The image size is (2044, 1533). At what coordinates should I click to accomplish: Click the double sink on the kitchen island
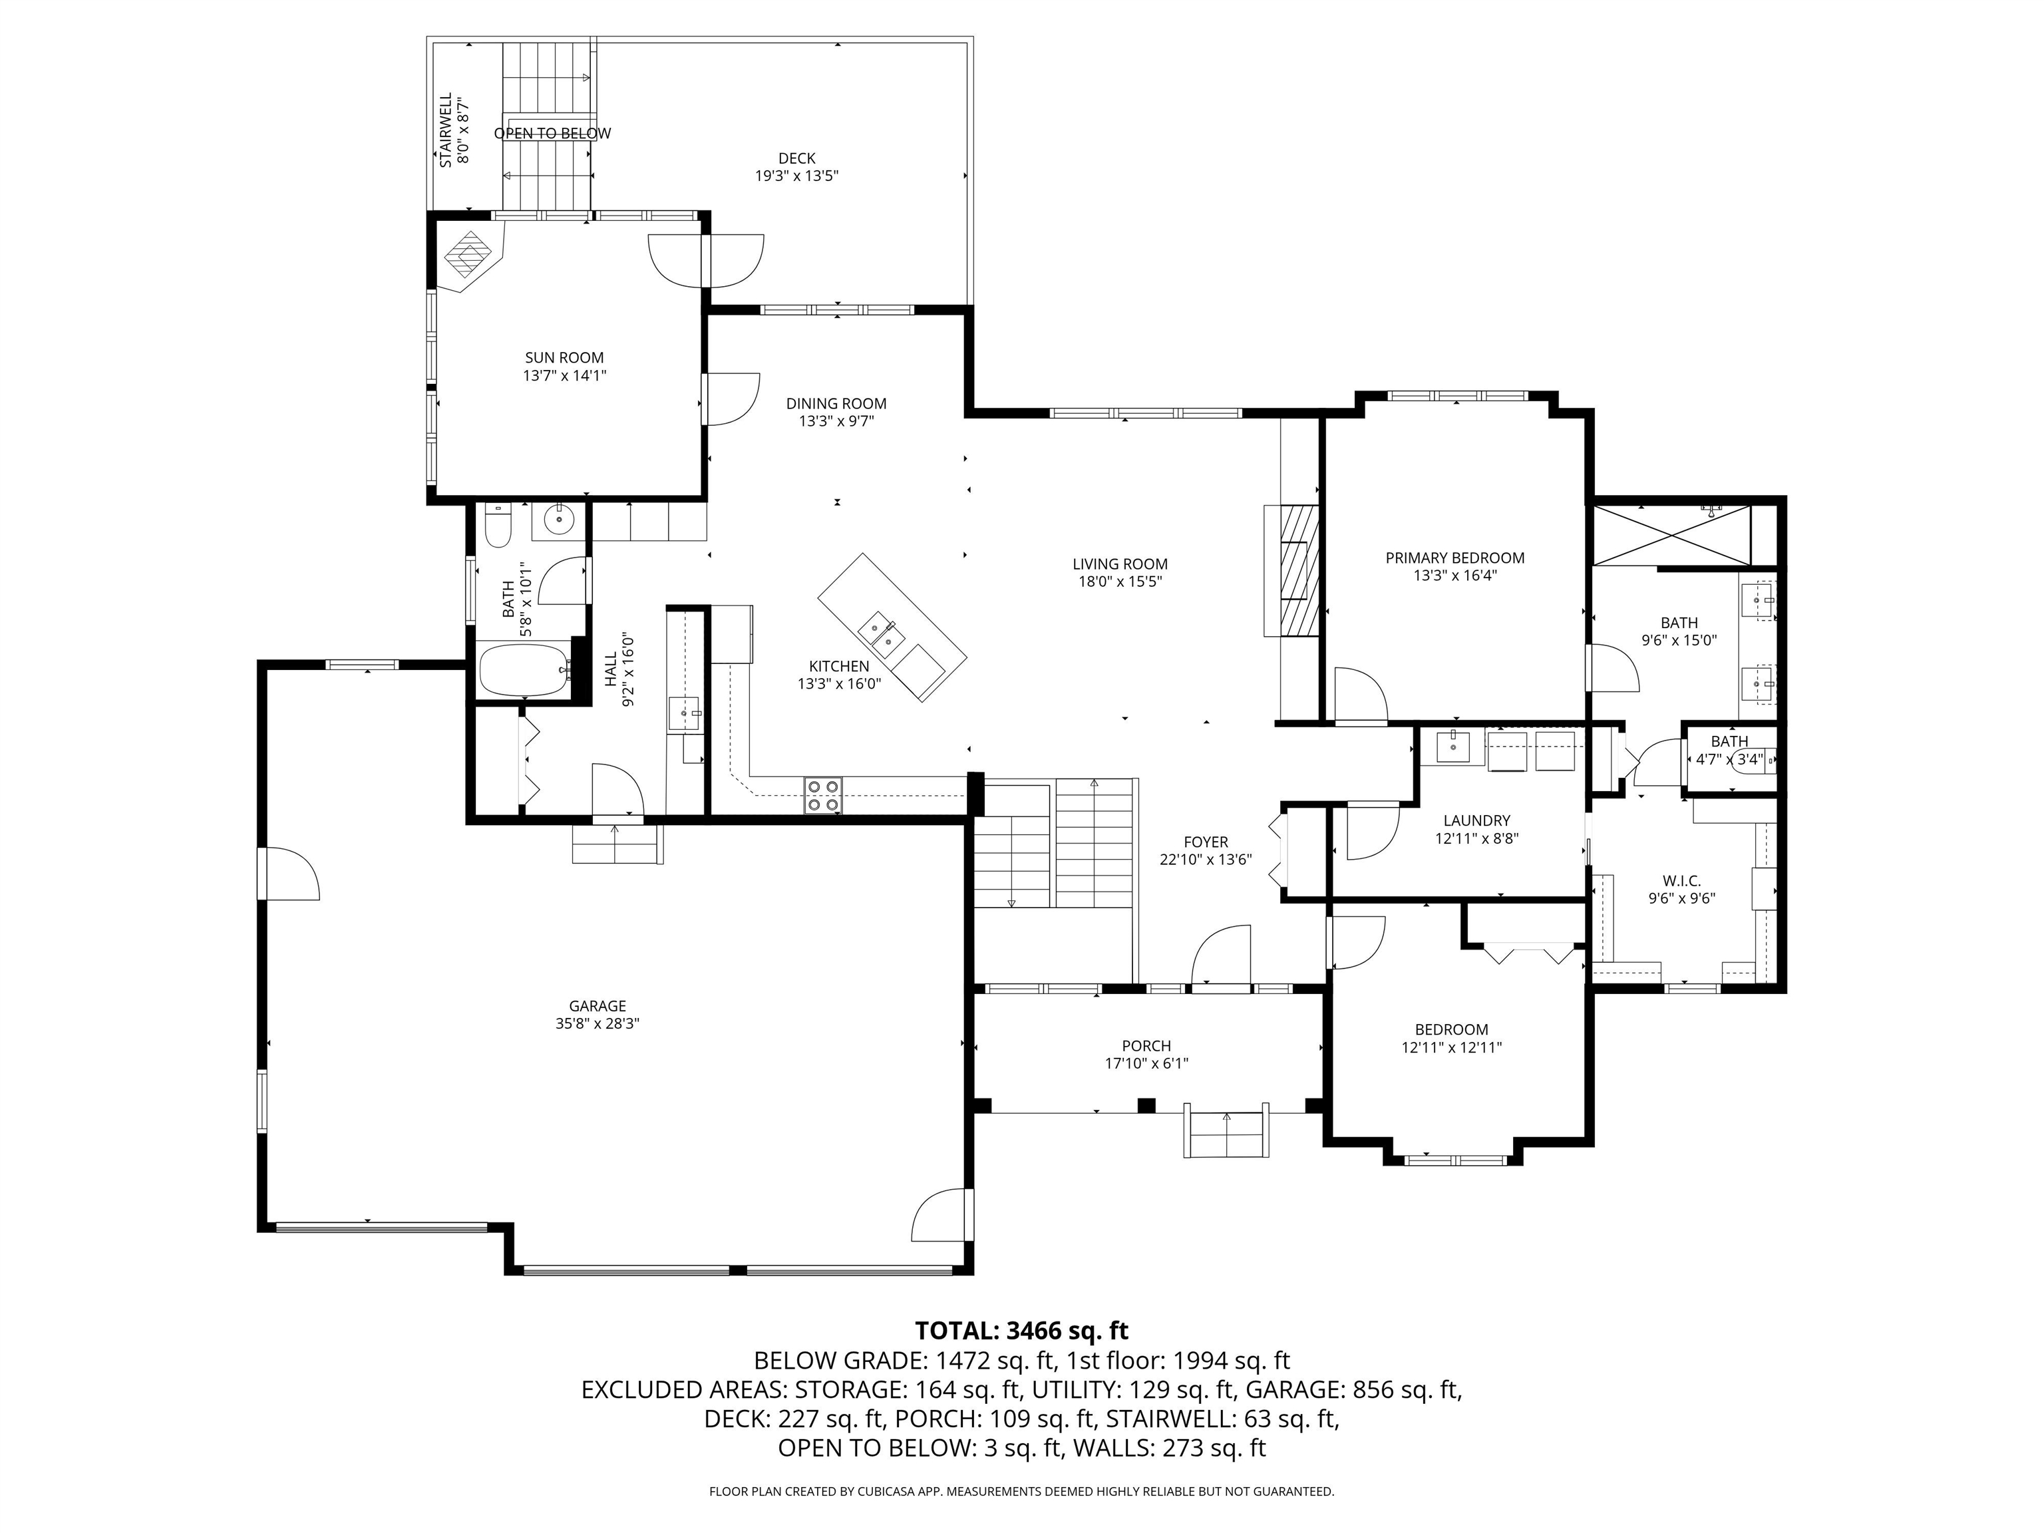[x=880, y=635]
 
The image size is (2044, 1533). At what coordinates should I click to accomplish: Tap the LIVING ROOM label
[x=1119, y=564]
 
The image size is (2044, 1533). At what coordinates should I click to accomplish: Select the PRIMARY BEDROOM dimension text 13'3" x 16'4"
[x=1454, y=576]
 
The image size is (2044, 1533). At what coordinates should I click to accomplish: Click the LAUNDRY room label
[x=1476, y=820]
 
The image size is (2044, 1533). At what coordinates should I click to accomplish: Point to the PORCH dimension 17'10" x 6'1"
[x=1146, y=1063]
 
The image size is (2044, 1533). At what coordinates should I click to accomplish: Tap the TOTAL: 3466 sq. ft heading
[x=1021, y=1331]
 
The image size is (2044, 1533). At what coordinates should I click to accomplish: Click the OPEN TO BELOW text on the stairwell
[x=552, y=134]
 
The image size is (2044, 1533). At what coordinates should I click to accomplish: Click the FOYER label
[x=1205, y=842]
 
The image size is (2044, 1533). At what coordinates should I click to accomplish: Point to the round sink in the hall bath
[x=558, y=520]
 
